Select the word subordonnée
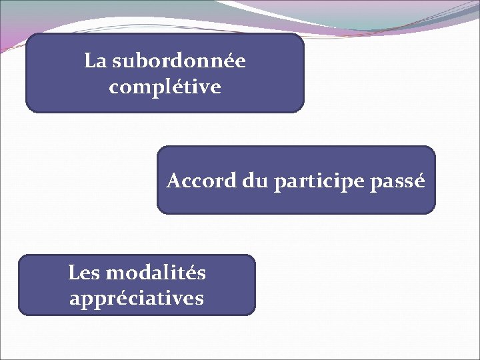coord(179,61)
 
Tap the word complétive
coord(165,87)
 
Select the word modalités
coord(155,273)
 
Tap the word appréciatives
coord(137,298)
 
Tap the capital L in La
coord(90,61)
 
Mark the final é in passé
coord(418,181)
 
